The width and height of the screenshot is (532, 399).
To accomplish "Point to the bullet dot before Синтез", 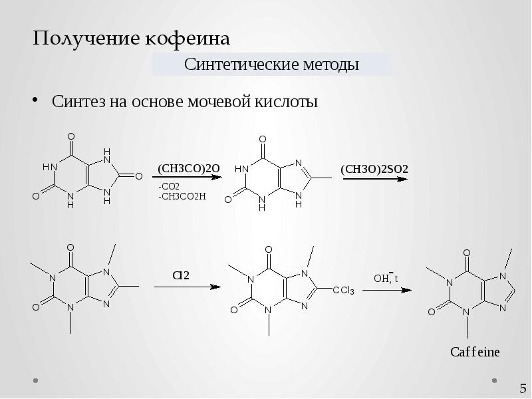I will [x=36, y=101].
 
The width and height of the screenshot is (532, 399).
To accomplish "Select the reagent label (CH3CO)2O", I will [x=188, y=168].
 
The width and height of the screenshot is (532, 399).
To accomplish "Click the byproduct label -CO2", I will [x=169, y=186].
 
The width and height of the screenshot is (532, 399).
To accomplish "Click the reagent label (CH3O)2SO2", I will [x=374, y=169].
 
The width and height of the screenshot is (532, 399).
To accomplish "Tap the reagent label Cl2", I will [x=181, y=275].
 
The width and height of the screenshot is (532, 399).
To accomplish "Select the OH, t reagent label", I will [x=385, y=278].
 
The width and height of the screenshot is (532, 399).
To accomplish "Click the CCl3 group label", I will [x=343, y=291].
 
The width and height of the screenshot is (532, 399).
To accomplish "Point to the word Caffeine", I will [x=475, y=352].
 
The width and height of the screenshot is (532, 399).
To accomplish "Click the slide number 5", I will [x=523, y=388].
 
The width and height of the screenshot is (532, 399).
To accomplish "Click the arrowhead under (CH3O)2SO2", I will [x=402, y=180].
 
